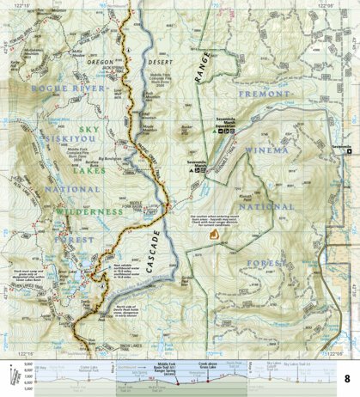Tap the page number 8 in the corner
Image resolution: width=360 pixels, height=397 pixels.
[348, 379]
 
